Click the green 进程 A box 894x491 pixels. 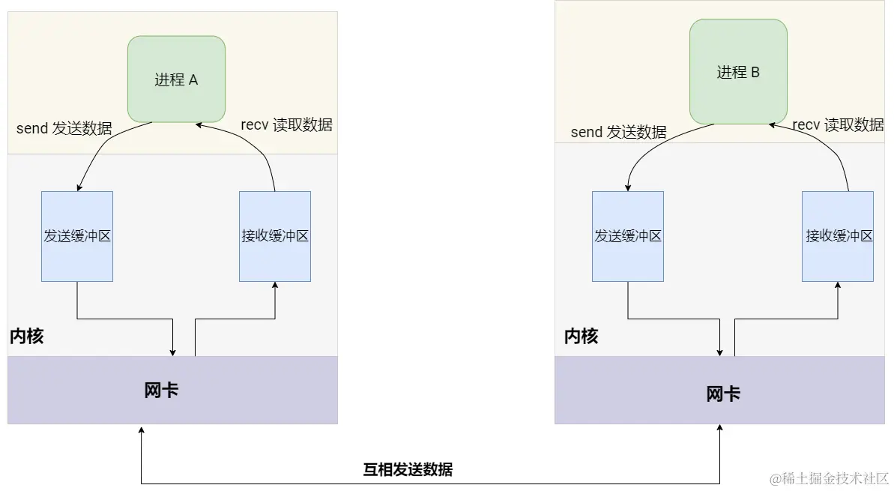176,79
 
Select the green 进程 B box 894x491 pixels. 738,72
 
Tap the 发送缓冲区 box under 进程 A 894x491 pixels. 77,236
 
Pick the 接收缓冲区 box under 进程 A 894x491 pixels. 275,236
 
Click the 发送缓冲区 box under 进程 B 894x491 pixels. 628,236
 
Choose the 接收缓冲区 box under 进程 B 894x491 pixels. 838,236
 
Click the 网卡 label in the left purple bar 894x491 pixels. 161,391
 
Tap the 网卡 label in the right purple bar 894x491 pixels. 723,394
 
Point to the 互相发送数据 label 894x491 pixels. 408,470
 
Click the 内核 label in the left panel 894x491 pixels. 27,337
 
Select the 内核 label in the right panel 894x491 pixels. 582,337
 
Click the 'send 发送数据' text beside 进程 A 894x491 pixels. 64,128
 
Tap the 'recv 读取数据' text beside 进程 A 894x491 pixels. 286,125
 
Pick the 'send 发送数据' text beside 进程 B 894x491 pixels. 619,133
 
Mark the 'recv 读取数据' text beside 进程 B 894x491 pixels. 838,125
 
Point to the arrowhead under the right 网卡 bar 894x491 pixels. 720,429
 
